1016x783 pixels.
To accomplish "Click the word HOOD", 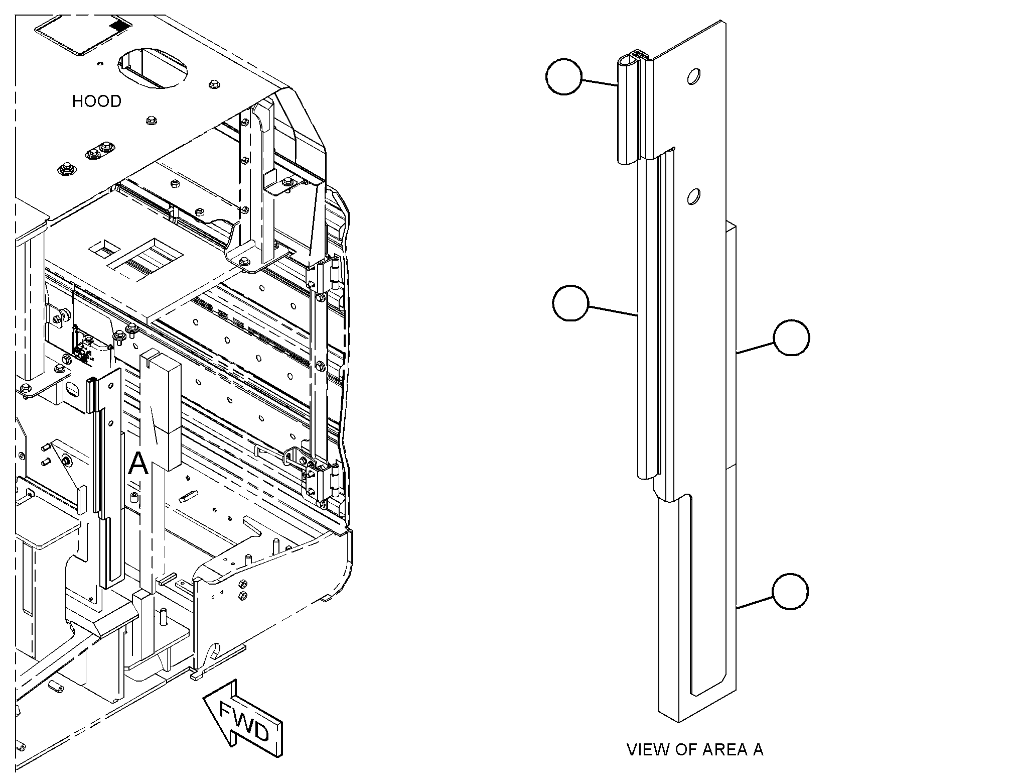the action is [97, 101].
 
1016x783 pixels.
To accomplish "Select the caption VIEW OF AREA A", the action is [695, 749].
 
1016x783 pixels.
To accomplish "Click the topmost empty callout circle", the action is [563, 76].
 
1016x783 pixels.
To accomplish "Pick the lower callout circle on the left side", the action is [570, 302].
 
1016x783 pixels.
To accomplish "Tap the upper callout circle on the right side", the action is [791, 338].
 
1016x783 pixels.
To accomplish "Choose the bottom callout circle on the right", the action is [790, 592].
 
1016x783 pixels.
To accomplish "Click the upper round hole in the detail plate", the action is [694, 76].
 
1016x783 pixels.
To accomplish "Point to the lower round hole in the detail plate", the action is [694, 196].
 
